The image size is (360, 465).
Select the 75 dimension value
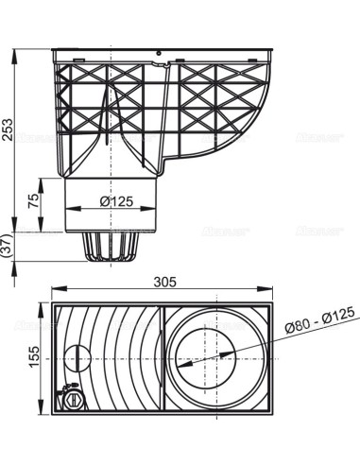point(34,199)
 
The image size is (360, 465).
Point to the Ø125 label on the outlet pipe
point(117,199)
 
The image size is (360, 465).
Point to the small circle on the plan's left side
point(76,358)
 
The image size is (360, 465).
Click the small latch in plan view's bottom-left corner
point(68,399)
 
